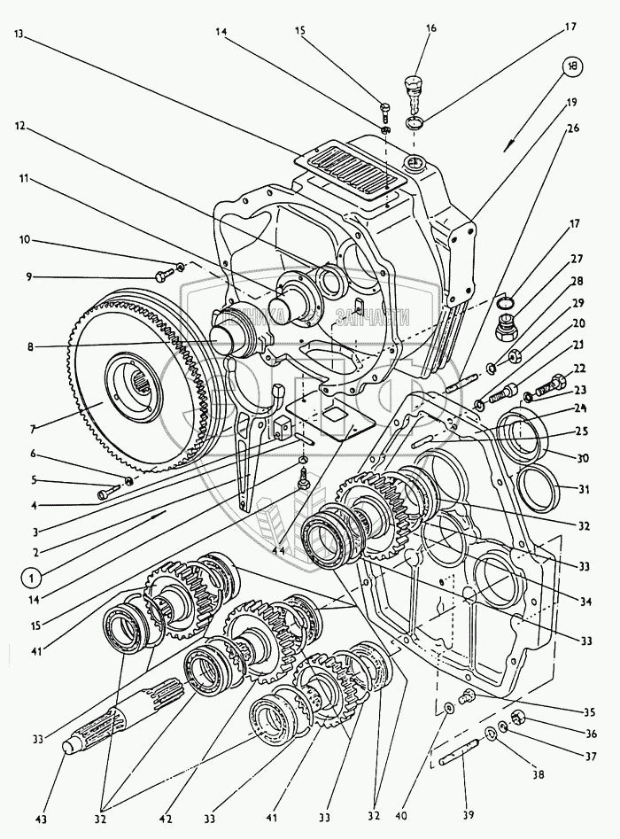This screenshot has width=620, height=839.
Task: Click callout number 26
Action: pyautogui.click(x=573, y=126)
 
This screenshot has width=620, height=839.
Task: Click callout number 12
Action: pyautogui.click(x=18, y=126)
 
